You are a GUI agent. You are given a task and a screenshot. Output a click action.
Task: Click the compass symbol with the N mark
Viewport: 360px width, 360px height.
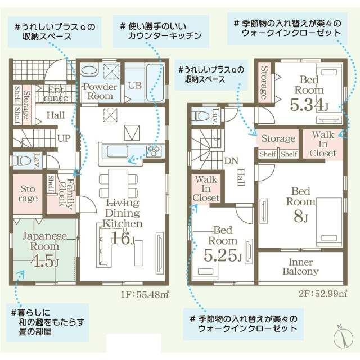click(x=343, y=336)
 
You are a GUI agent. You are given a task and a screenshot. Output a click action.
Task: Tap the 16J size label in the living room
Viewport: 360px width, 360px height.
click(x=123, y=238)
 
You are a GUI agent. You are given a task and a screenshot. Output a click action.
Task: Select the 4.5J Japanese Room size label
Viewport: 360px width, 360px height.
click(x=44, y=260)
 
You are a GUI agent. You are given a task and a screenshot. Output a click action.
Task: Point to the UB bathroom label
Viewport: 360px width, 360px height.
click(x=135, y=85)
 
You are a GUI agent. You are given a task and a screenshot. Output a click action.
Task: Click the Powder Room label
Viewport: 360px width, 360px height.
click(x=100, y=91)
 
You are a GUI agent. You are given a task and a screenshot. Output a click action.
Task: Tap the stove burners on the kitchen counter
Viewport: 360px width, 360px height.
click(x=154, y=151)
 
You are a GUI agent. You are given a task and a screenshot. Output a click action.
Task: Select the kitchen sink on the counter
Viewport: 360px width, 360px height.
click(x=118, y=152)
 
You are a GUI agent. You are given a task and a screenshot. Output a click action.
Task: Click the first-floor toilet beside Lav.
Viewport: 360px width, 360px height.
click(x=21, y=160)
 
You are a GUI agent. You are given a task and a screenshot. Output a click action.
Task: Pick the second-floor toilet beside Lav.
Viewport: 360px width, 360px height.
click(x=200, y=116)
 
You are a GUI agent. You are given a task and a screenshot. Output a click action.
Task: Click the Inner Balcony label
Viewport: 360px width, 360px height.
click(x=300, y=267)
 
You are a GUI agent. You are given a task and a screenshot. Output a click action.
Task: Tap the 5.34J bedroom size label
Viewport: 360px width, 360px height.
click(x=309, y=105)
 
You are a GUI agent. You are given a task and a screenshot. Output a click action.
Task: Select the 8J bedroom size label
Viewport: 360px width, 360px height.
click(x=300, y=216)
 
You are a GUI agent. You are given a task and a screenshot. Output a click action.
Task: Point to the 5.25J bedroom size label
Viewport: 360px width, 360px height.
click(x=223, y=255)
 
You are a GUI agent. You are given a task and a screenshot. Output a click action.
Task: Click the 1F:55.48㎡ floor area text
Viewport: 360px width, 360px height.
click(x=145, y=294)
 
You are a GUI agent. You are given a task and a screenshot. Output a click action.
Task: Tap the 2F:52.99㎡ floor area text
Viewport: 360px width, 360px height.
click(x=323, y=294)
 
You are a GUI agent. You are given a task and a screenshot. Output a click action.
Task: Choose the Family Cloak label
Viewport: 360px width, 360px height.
click(x=66, y=193)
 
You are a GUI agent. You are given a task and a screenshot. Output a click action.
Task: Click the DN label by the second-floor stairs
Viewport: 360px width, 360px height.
click(x=231, y=161)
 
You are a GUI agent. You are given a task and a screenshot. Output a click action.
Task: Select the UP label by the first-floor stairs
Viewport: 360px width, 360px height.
click(x=64, y=138)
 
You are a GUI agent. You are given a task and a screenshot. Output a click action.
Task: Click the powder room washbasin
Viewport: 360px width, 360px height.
click(x=89, y=70)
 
